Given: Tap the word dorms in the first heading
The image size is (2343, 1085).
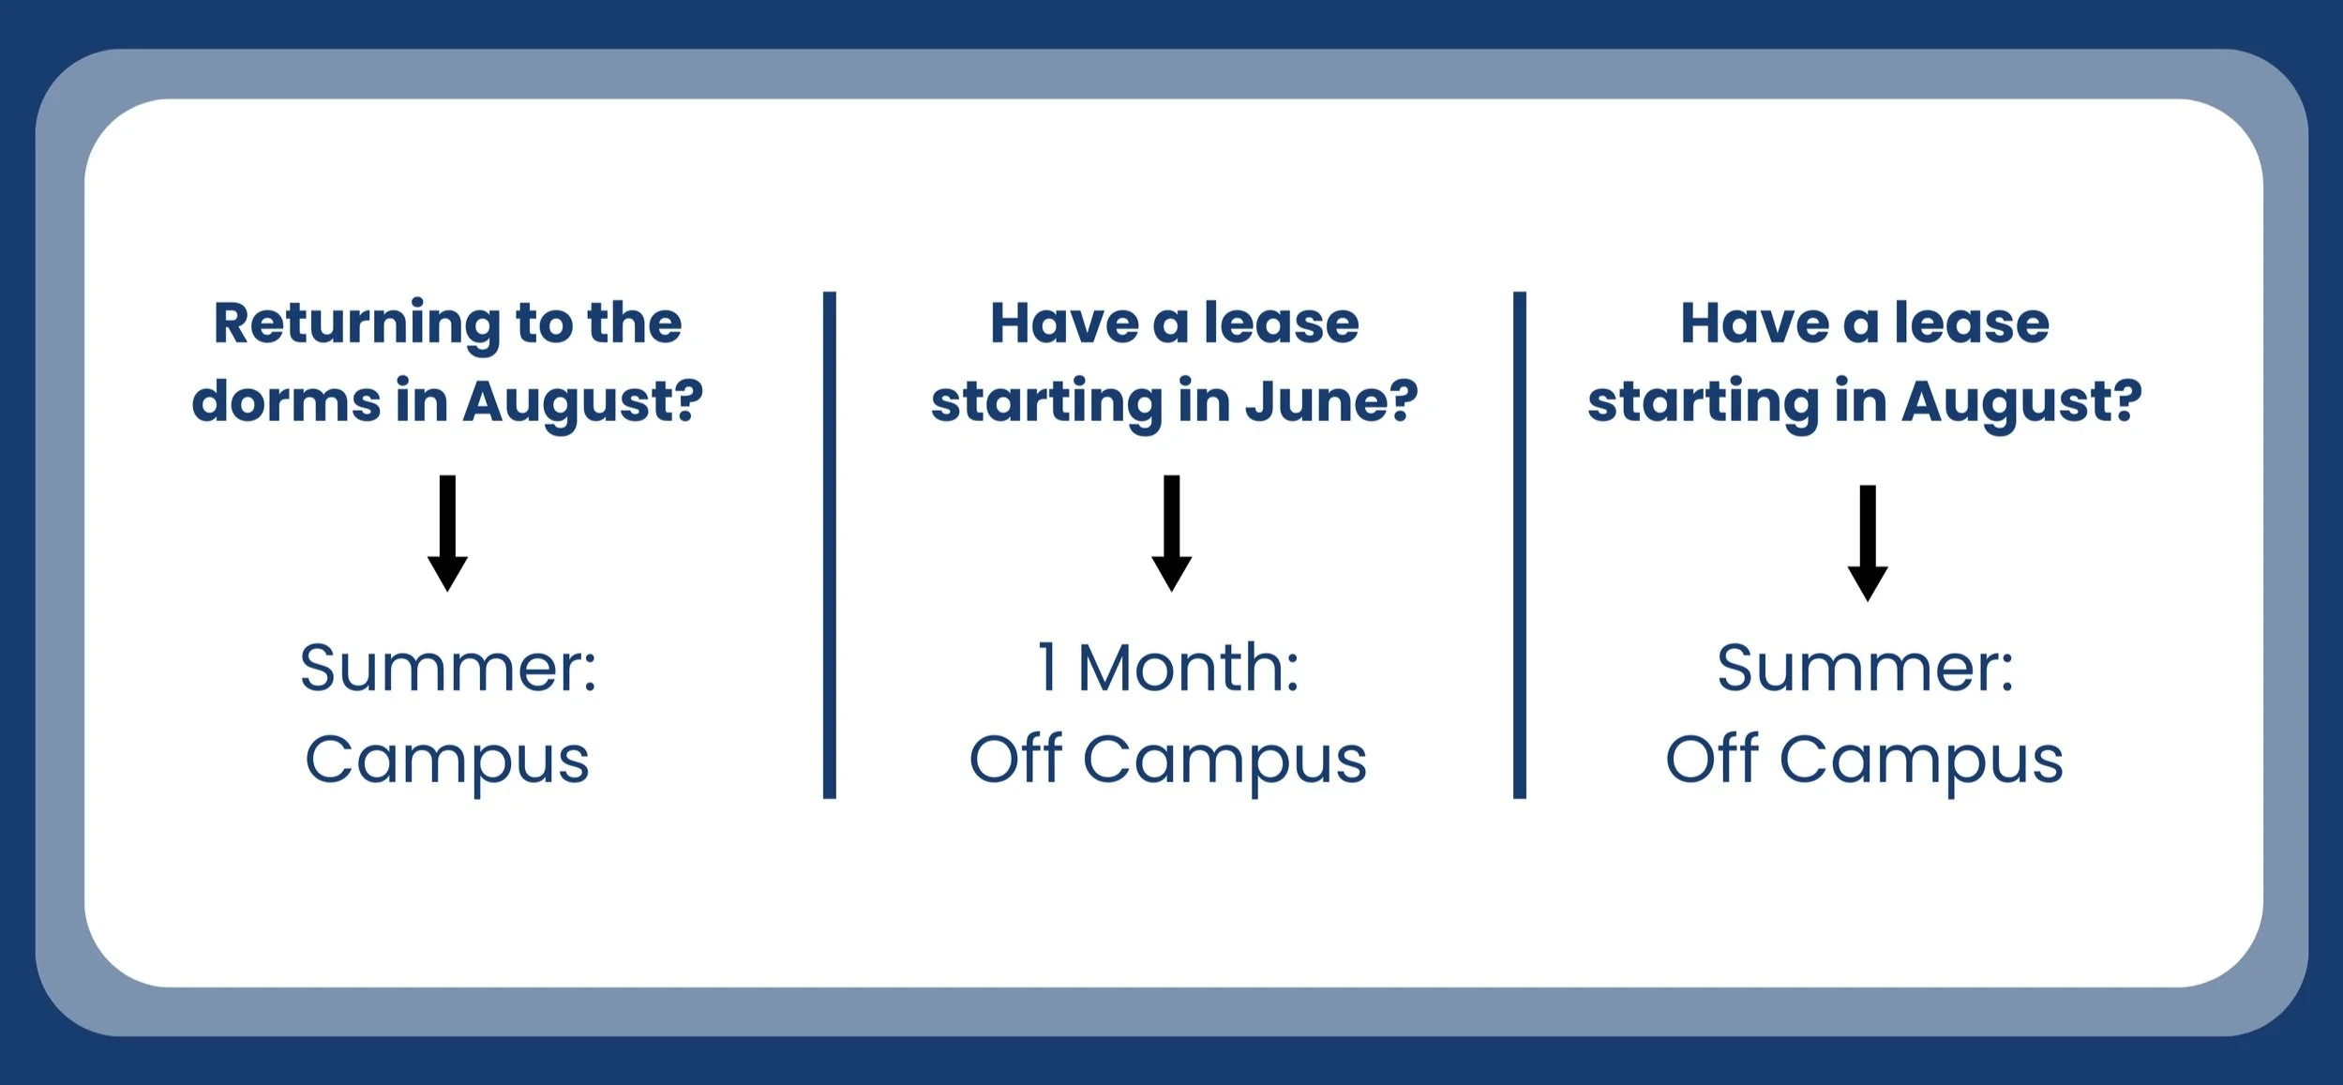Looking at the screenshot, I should (285, 401).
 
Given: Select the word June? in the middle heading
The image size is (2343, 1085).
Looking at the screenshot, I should (1331, 401).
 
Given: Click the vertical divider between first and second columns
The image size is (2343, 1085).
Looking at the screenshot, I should (829, 544).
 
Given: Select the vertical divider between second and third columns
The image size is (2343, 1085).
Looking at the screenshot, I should (1519, 544).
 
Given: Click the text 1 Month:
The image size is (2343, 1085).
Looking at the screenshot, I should (1168, 668).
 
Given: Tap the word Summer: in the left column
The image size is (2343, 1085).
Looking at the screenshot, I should (447, 668).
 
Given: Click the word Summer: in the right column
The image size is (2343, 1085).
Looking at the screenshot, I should (1865, 668).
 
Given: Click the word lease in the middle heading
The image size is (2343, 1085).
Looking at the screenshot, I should (1281, 324).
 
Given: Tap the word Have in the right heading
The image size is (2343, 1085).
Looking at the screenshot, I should (1753, 324).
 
